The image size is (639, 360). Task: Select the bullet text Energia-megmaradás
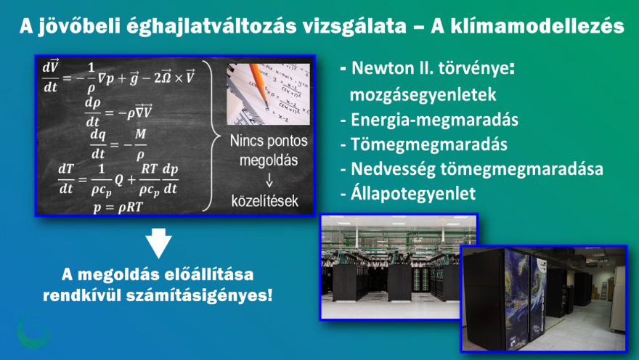(434, 120)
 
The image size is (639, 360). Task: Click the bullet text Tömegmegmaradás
(429, 144)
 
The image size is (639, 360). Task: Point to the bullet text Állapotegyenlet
(413, 194)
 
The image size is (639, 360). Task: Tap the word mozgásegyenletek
(423, 95)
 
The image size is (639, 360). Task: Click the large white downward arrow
(158, 242)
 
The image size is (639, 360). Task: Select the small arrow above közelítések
(269, 179)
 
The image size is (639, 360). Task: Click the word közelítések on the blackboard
(265, 201)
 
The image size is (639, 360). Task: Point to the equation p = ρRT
(118, 208)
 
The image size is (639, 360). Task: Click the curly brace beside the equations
(211, 136)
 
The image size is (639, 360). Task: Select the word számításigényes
(199, 295)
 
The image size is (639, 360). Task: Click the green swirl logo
(33, 332)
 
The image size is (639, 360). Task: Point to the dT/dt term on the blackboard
(66, 179)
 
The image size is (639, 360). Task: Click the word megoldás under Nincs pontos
(269, 160)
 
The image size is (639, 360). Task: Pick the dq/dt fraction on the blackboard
(98, 144)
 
